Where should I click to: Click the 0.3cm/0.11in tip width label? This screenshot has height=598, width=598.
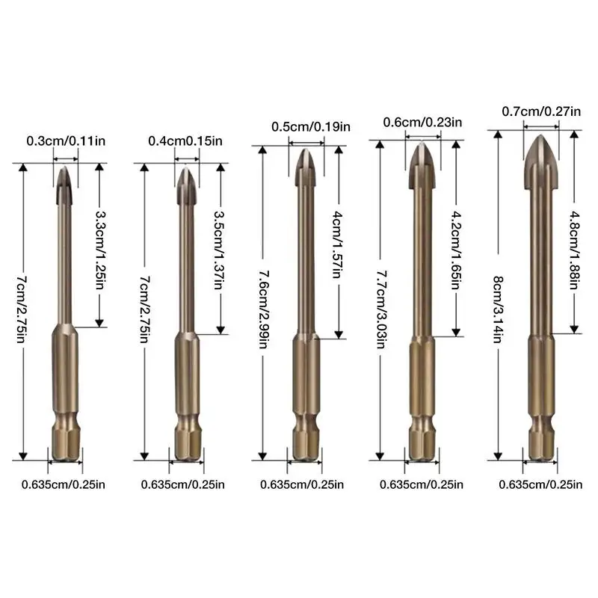click(x=66, y=141)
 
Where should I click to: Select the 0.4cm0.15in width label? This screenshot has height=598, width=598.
click(x=185, y=141)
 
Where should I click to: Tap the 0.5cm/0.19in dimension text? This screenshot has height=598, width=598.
click(x=311, y=126)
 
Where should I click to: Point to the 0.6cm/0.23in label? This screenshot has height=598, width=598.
click(x=422, y=123)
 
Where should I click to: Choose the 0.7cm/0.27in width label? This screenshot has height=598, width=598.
click(x=541, y=111)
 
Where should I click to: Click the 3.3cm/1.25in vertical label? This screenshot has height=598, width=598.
click(x=100, y=250)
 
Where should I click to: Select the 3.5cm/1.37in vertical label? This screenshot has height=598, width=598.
click(x=219, y=250)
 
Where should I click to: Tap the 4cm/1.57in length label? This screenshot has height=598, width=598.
click(x=338, y=244)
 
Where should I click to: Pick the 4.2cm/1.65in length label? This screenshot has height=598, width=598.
click(x=456, y=250)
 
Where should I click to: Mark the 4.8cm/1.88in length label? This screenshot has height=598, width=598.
click(x=575, y=250)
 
